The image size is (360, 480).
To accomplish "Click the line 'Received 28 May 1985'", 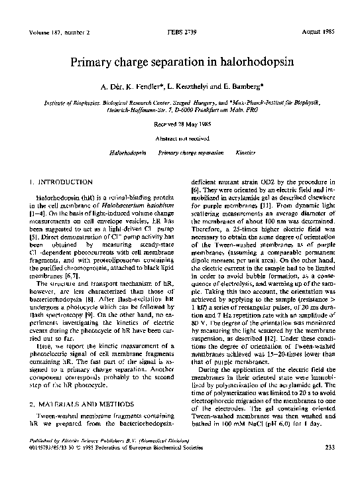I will coord(180,123).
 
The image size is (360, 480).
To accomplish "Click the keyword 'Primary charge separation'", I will coord(192,153).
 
